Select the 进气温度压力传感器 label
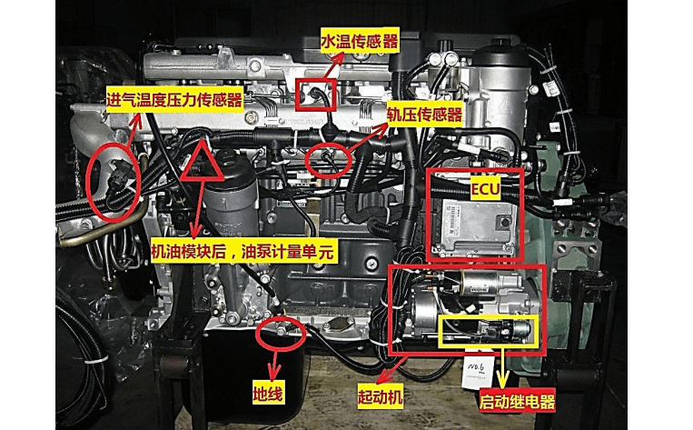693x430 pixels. [174, 100]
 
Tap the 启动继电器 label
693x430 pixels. [517, 401]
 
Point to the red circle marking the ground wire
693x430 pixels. [280, 334]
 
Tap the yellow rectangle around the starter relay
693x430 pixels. [489, 333]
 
